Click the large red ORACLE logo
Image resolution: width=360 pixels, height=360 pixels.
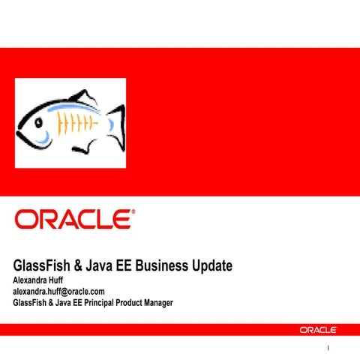(x=73, y=219)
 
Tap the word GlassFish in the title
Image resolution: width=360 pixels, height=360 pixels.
(x=44, y=266)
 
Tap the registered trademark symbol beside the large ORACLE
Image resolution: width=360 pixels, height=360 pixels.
(x=133, y=211)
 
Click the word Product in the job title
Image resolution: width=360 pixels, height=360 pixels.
(x=123, y=302)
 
